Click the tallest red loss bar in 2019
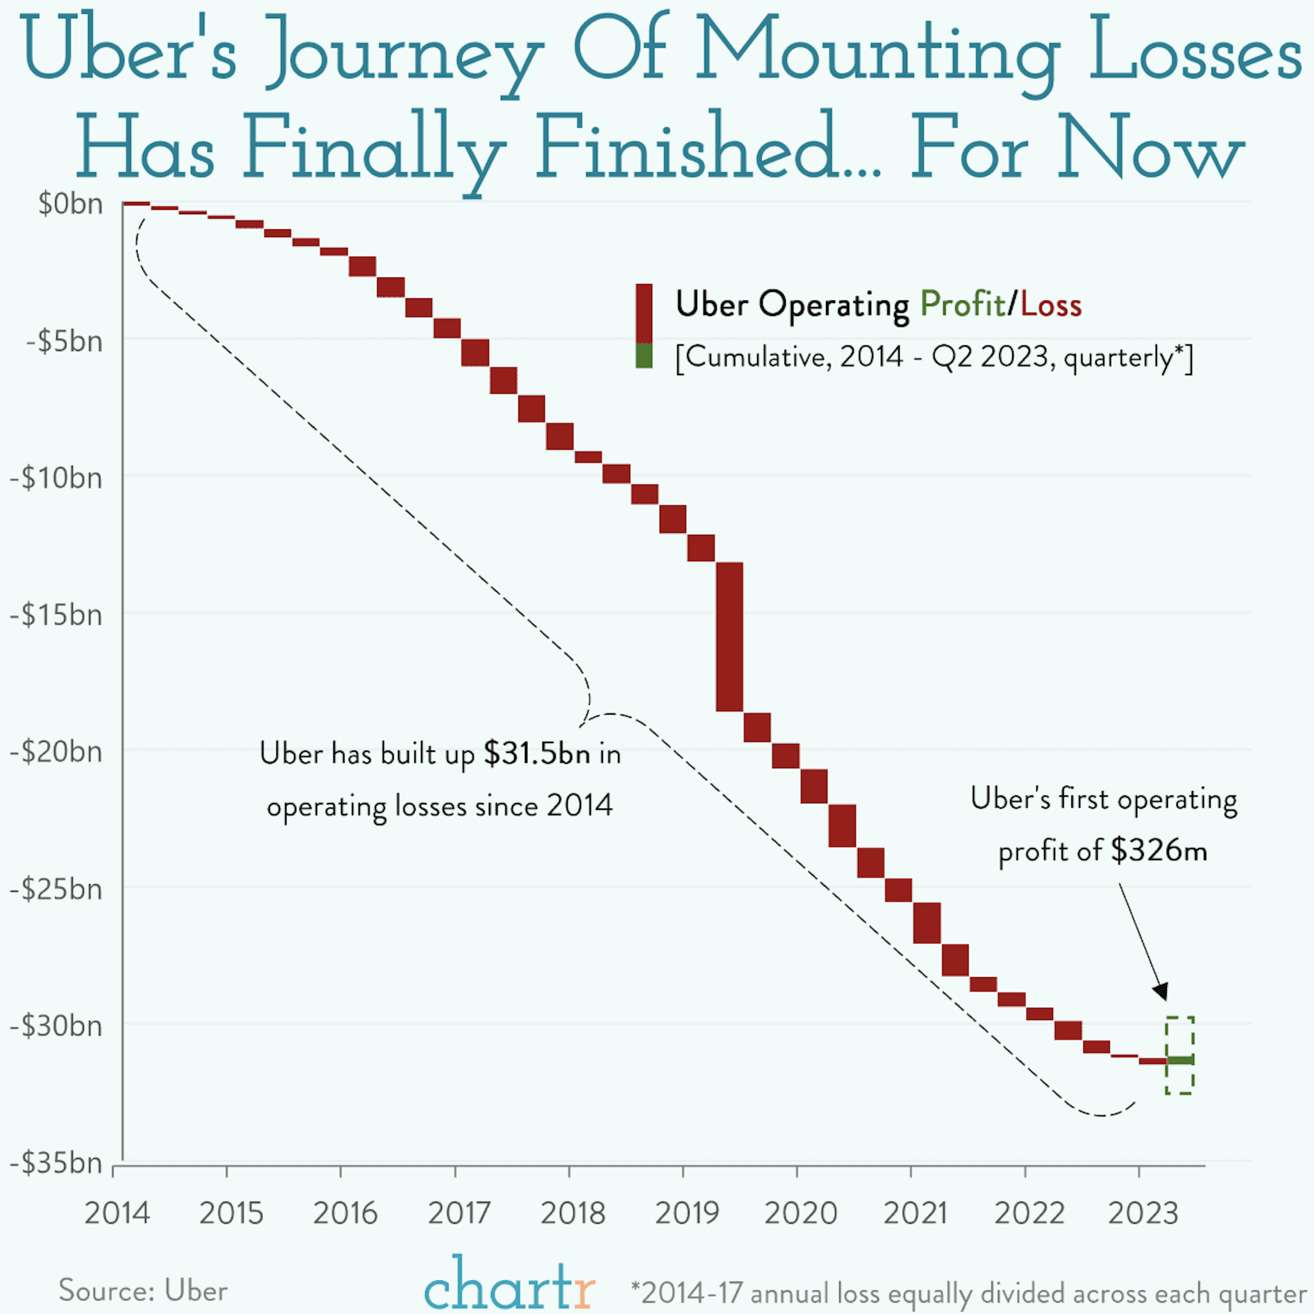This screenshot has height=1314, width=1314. pyautogui.click(x=729, y=636)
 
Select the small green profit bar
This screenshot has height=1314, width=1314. pyautogui.click(x=1180, y=1060)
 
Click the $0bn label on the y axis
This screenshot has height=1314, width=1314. pyautogui.click(x=70, y=204)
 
